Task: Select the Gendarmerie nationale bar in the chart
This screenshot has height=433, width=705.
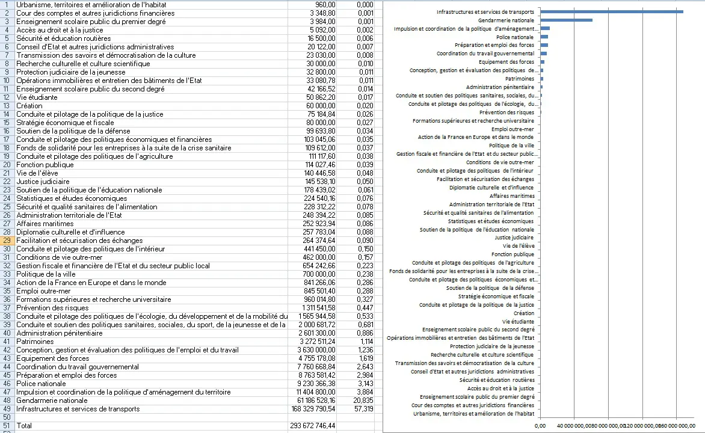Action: click(566, 20)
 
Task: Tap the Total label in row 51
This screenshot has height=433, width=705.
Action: click(24, 425)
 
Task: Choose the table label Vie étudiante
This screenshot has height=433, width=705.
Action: click(37, 97)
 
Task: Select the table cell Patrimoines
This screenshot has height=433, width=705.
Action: click(35, 341)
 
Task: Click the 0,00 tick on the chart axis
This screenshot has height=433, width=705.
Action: click(540, 426)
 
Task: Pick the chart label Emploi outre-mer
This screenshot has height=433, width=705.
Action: click(512, 129)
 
